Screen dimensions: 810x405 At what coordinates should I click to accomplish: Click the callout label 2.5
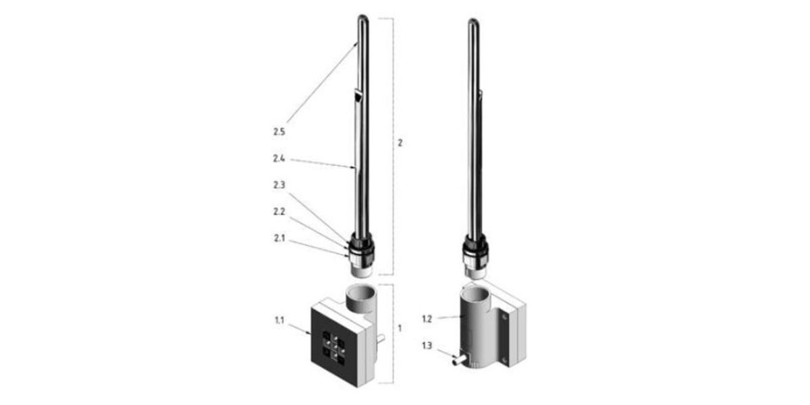coord(279,132)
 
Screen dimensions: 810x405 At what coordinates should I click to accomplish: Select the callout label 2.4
coord(279,159)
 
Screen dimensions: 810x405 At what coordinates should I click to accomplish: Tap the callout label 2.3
coord(279,185)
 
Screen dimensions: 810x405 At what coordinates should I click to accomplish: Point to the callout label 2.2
coord(279,211)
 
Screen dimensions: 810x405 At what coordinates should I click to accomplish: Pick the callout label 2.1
coord(279,238)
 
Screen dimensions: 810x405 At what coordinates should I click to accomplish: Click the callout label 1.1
coord(279,320)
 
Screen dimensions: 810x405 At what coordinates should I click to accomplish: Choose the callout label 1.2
coord(427,319)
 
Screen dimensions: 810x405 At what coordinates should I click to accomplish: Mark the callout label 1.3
coord(427,346)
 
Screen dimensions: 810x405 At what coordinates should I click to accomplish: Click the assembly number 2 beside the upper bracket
coord(400,143)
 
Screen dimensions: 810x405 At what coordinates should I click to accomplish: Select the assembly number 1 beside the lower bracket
coord(400,328)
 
